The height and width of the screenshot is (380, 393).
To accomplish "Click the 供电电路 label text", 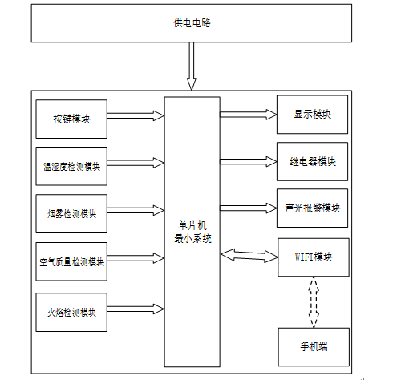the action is tap(192, 23).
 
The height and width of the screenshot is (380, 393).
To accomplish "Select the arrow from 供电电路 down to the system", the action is tap(192, 66).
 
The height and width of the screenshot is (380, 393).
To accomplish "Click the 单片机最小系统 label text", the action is tap(192, 232).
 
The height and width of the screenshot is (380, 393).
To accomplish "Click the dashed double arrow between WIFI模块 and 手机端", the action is tap(314, 302).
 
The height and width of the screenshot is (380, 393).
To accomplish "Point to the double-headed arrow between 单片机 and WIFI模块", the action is tap(249, 256).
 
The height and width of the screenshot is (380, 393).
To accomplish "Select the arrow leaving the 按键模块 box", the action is tap(136, 115).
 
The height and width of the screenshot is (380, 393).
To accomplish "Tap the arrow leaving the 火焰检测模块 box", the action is tap(136, 309).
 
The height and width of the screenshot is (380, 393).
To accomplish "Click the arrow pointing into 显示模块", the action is tap(249, 115).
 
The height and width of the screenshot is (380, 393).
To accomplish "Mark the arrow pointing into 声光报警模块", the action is tap(249, 208).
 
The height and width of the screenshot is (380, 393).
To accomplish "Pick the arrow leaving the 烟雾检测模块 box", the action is tap(136, 210).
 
